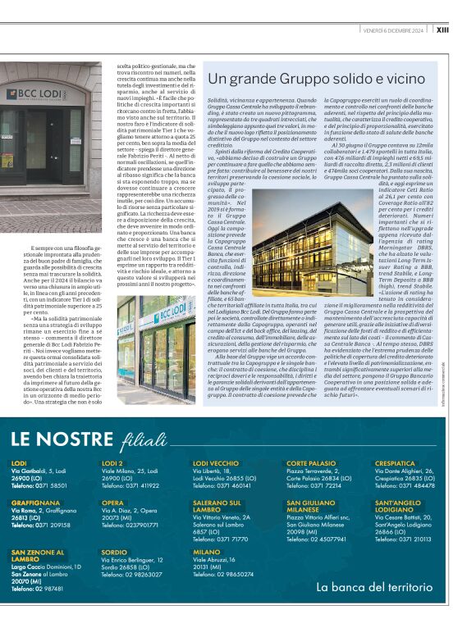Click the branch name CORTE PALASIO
coord(311,463)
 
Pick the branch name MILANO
coord(207,553)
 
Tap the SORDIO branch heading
coord(114,553)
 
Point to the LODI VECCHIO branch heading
coord(216,463)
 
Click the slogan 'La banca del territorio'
coord(374,587)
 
